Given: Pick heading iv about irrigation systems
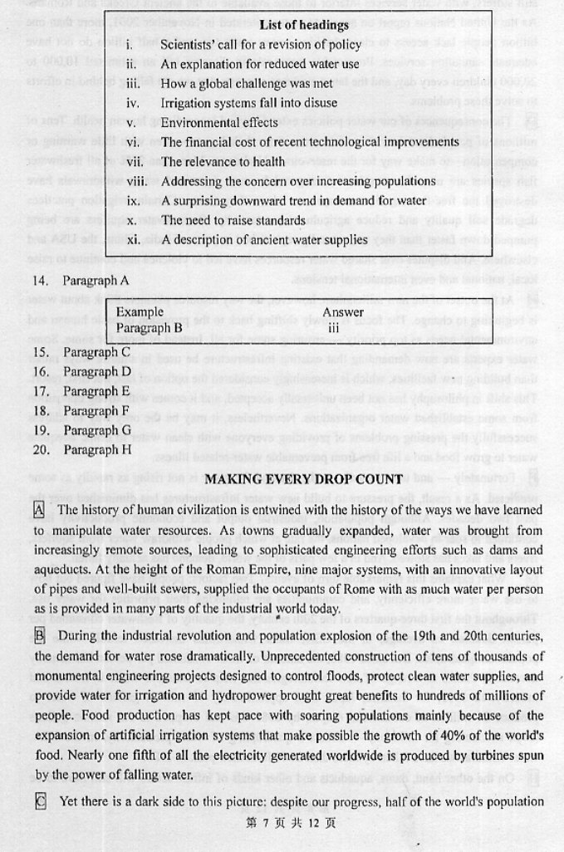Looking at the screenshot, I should click(248, 103).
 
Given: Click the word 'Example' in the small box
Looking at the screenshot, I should click(140, 312).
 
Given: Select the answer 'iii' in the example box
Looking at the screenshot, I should click(333, 327).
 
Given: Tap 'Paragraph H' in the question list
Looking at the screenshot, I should click(97, 449).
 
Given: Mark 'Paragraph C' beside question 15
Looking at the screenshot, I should click(97, 352).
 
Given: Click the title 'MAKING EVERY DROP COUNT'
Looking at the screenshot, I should click(303, 479).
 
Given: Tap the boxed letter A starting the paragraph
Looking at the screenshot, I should click(40, 509).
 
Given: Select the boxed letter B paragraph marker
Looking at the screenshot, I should click(40, 635).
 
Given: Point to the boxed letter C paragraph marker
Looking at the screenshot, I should click(40, 801).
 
